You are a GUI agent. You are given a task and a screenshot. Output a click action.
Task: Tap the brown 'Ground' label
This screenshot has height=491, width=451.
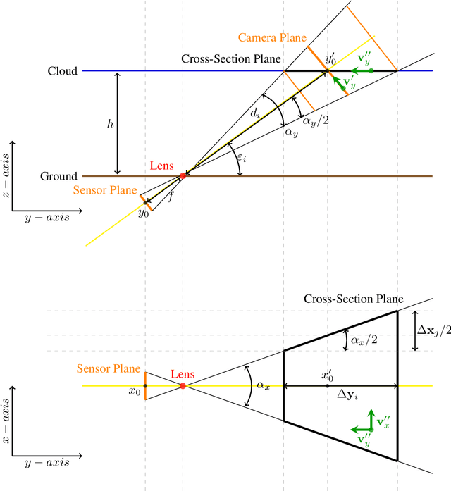coord(59,175)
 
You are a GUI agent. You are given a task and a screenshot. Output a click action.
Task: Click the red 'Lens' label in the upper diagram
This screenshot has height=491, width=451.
coord(161,166)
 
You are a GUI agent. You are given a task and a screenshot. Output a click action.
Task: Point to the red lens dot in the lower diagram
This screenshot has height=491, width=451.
coord(183,386)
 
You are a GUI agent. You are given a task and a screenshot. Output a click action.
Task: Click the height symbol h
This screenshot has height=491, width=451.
coord(109,123)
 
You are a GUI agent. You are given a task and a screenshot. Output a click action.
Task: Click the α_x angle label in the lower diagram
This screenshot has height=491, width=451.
coord(263,385)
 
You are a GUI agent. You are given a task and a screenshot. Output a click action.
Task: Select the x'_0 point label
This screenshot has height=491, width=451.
coord(327,375)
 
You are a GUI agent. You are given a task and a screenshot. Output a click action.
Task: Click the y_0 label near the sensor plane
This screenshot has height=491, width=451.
coord(144,212)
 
